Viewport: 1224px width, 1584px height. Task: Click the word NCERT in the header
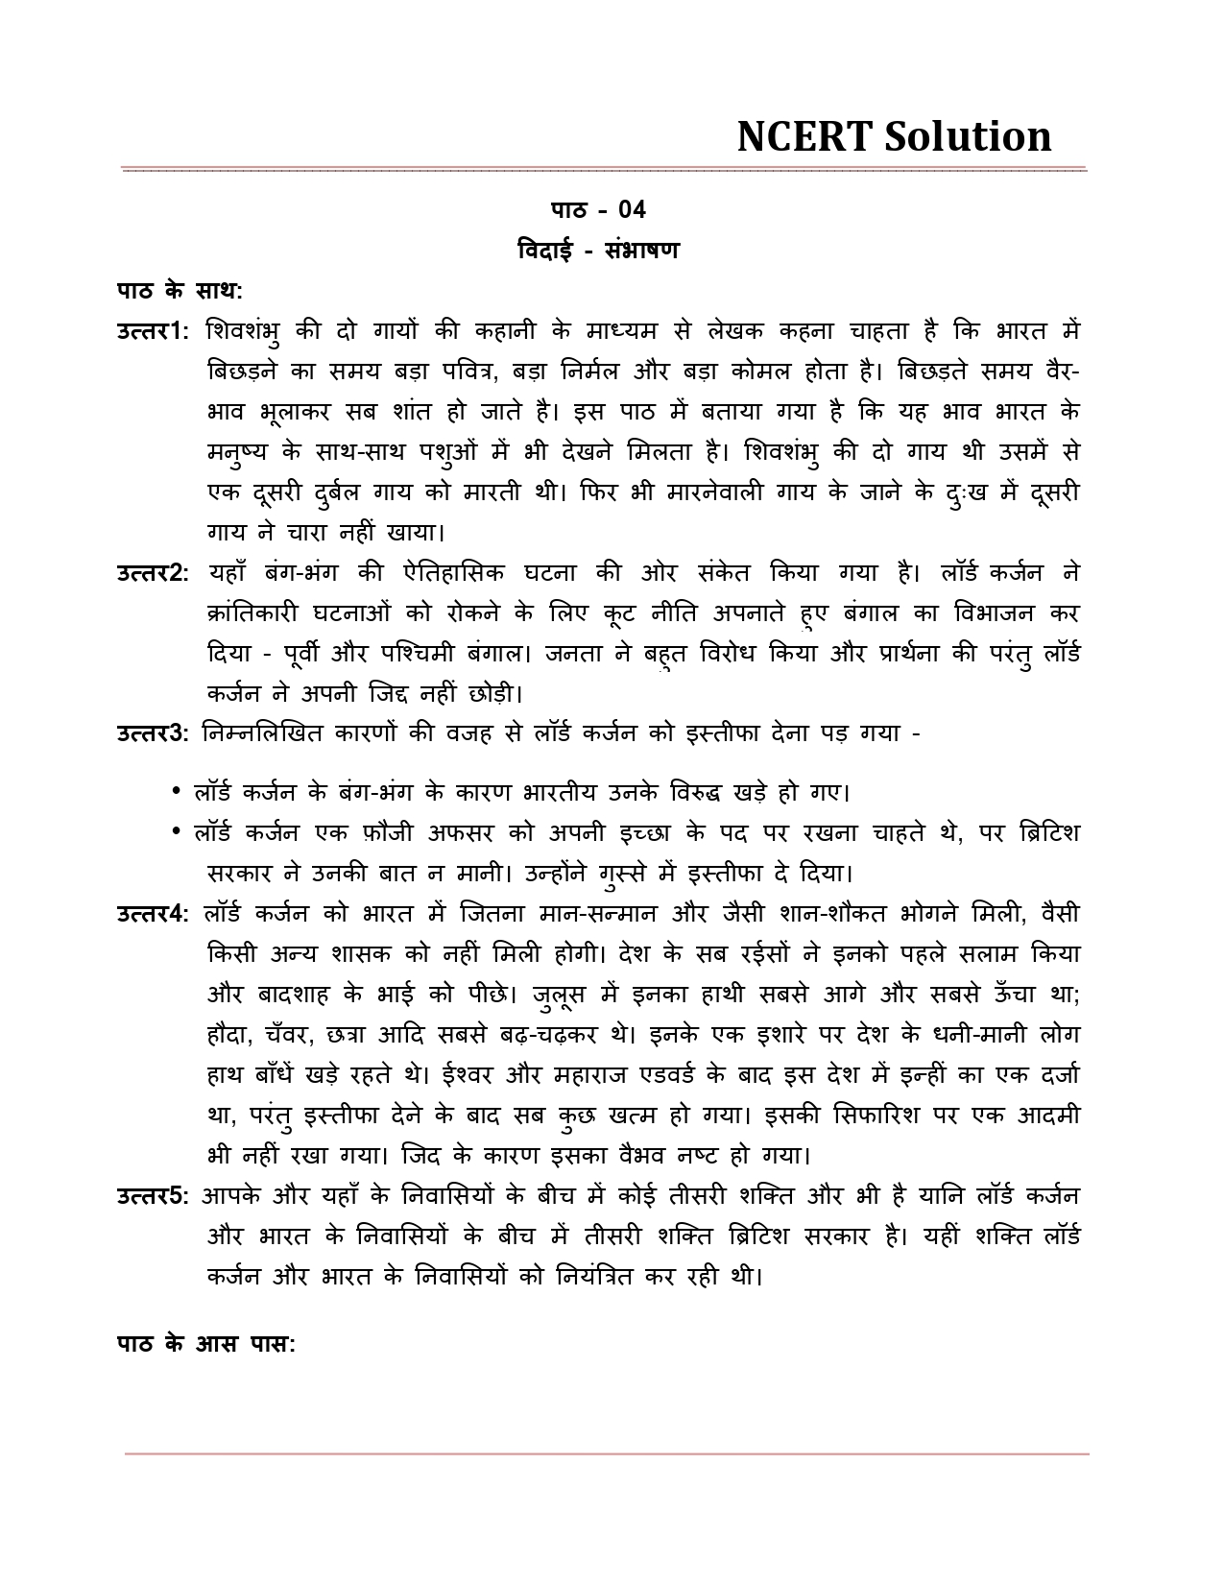click(804, 137)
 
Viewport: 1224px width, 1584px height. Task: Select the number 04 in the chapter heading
click(632, 209)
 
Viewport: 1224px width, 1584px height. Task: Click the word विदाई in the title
click(545, 251)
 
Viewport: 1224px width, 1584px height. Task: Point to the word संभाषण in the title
click(642, 251)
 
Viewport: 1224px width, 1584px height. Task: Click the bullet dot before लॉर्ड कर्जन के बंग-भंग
click(177, 792)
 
